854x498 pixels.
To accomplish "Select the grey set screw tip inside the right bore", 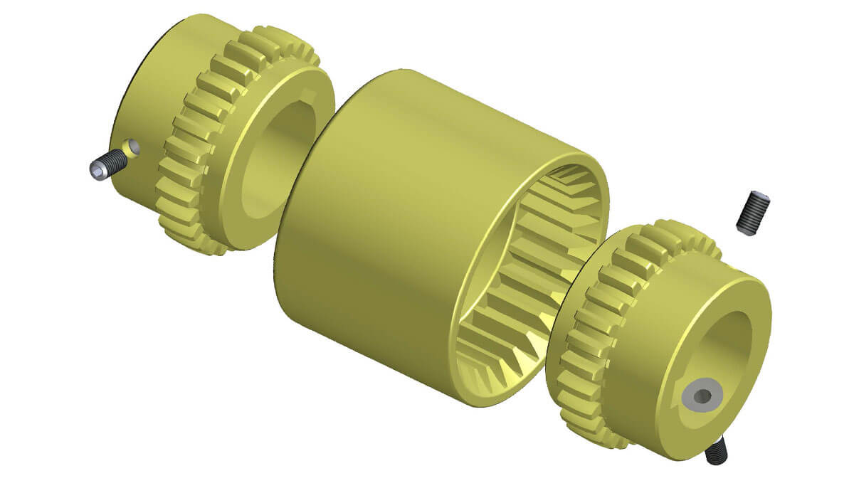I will (698, 396).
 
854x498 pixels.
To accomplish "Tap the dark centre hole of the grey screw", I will (701, 396).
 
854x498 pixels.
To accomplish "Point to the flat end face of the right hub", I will (669, 427).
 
